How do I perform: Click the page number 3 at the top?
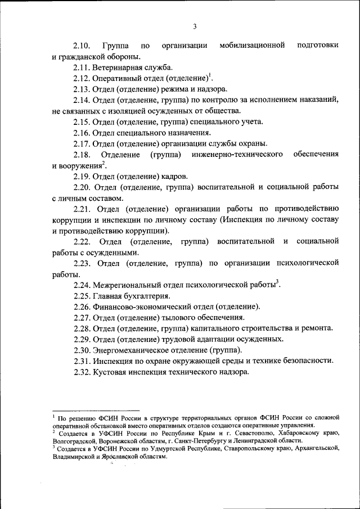click(195, 26)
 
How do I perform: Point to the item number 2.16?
click(82, 132)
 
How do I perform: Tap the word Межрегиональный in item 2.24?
click(127, 285)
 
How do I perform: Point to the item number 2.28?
click(82, 328)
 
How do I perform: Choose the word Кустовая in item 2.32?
click(111, 372)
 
